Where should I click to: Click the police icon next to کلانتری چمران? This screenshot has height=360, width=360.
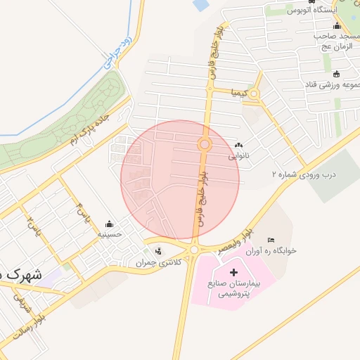pyautogui.click(x=158, y=250)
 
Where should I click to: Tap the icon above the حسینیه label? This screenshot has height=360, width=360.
pyautogui.click(x=109, y=224)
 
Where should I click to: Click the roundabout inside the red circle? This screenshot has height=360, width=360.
pyautogui.click(x=205, y=145)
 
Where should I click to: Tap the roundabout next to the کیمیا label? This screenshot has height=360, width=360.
pyautogui.click(x=254, y=94)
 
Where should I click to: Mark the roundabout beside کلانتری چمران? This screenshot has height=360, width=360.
pyautogui.click(x=194, y=250)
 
